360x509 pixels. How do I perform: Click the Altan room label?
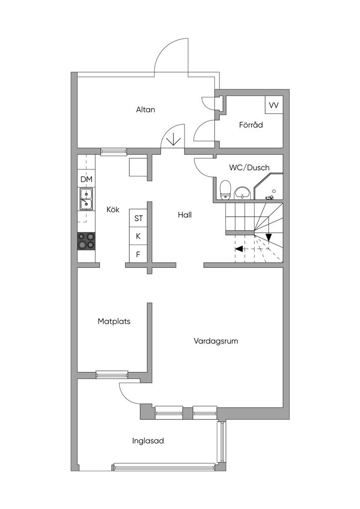click(x=145, y=109)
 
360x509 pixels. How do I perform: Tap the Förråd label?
click(x=251, y=125)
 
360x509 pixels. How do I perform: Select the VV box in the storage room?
click(x=273, y=105)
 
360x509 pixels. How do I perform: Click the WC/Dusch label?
click(x=249, y=168)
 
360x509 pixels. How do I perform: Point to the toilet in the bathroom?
click(x=225, y=189)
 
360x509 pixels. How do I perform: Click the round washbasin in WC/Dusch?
click(x=242, y=192)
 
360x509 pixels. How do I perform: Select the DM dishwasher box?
click(x=86, y=179)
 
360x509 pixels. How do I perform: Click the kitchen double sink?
click(x=86, y=199)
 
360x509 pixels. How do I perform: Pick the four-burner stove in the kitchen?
click(x=86, y=241)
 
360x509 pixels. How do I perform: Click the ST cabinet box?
click(x=138, y=218)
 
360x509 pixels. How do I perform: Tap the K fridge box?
click(x=138, y=236)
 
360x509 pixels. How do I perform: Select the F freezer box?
click(x=138, y=254)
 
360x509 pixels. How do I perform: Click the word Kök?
click(x=113, y=210)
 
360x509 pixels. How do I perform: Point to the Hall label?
click(x=184, y=215)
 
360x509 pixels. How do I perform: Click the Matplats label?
click(x=114, y=321)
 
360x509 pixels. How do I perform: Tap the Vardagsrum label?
click(x=216, y=341)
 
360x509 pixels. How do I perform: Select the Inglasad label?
click(x=148, y=440)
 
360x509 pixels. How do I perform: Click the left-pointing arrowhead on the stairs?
click(x=239, y=249)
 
